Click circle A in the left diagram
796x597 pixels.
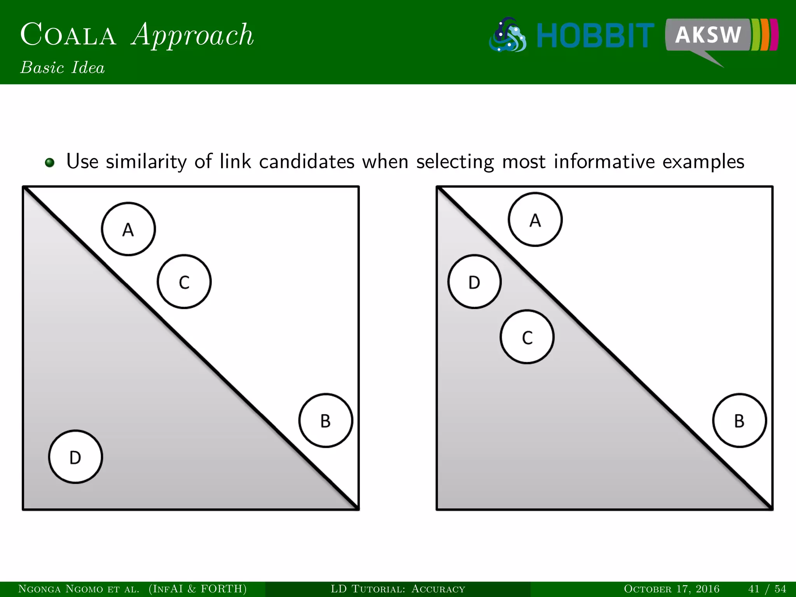pyautogui.click(x=128, y=229)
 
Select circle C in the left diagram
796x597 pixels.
pyautogui.click(x=184, y=282)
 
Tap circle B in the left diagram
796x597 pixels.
pyautogui.click(x=326, y=421)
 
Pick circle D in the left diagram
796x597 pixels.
pyautogui.click(x=75, y=457)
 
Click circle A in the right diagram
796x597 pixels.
pyautogui.click(x=535, y=220)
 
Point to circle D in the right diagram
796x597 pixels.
pyautogui.click(x=474, y=282)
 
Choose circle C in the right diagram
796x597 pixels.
pyautogui.click(x=527, y=337)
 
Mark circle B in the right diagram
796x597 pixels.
pyautogui.click(x=739, y=421)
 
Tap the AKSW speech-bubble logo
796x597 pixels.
pyautogui.click(x=708, y=35)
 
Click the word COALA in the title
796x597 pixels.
pyautogui.click(x=68, y=35)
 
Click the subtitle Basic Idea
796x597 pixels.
pyautogui.click(x=63, y=68)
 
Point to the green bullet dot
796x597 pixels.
pyautogui.click(x=50, y=162)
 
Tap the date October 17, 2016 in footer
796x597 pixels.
pyautogui.click(x=672, y=589)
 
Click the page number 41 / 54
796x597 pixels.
pyautogui.click(x=767, y=589)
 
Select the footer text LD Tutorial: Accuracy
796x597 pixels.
pyautogui.click(x=398, y=589)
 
